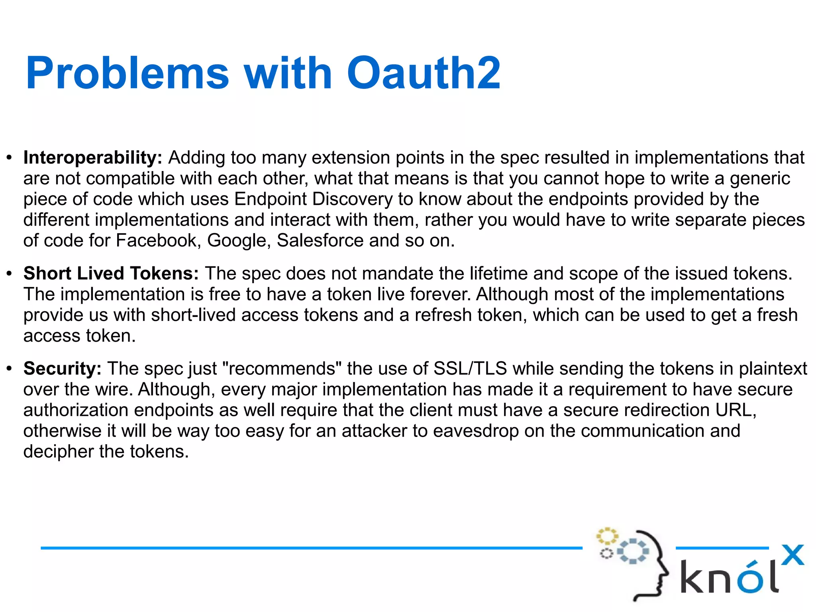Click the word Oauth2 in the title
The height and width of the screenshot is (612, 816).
click(x=424, y=73)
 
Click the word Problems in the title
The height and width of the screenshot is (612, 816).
click(x=127, y=73)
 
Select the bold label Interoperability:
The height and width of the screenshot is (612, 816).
click(x=92, y=158)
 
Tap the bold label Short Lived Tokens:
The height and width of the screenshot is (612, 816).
click(x=111, y=274)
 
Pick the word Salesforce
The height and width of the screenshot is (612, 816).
click(x=320, y=241)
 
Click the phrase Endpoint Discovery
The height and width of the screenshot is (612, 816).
click(x=313, y=199)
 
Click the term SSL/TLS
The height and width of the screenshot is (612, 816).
click(x=470, y=369)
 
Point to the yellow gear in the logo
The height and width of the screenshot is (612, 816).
click(x=606, y=536)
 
